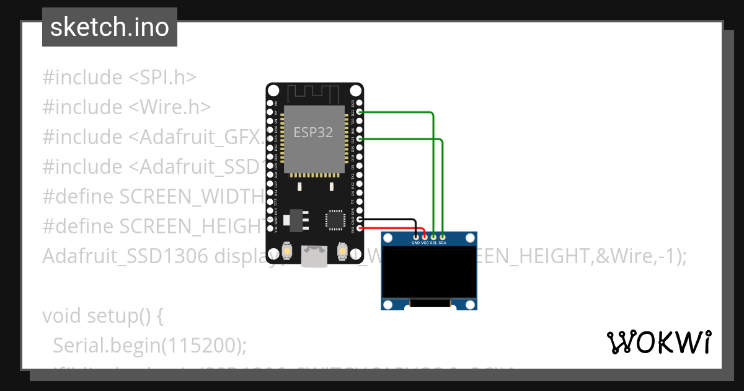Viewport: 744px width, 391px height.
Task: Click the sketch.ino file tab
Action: (x=109, y=27)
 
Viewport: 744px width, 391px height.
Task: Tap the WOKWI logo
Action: (x=658, y=342)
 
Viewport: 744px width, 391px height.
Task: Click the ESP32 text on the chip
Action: (x=313, y=132)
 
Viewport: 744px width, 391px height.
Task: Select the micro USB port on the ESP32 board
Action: (x=314, y=254)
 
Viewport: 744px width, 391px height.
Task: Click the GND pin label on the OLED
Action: (x=415, y=243)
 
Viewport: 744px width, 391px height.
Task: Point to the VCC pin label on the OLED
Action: (x=425, y=243)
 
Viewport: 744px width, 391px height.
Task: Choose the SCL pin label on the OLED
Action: (x=433, y=243)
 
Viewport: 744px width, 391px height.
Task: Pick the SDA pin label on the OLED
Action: (x=442, y=243)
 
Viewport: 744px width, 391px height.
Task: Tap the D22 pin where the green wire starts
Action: (x=360, y=112)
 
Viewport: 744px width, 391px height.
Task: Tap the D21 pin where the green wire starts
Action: (x=360, y=140)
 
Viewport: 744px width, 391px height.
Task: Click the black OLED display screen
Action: (x=429, y=273)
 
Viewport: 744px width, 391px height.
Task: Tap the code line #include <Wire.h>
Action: (x=126, y=107)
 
